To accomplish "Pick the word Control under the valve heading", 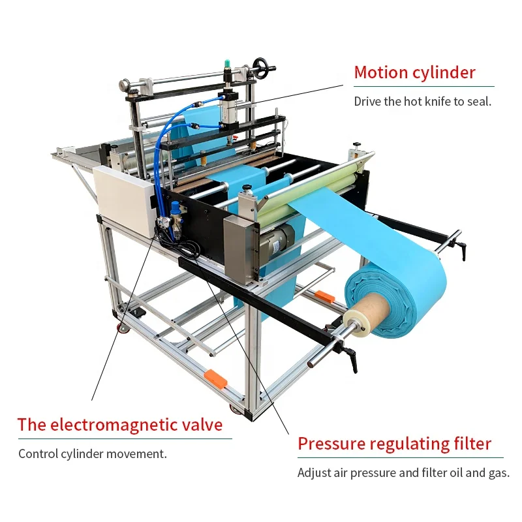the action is [x=37, y=453].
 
